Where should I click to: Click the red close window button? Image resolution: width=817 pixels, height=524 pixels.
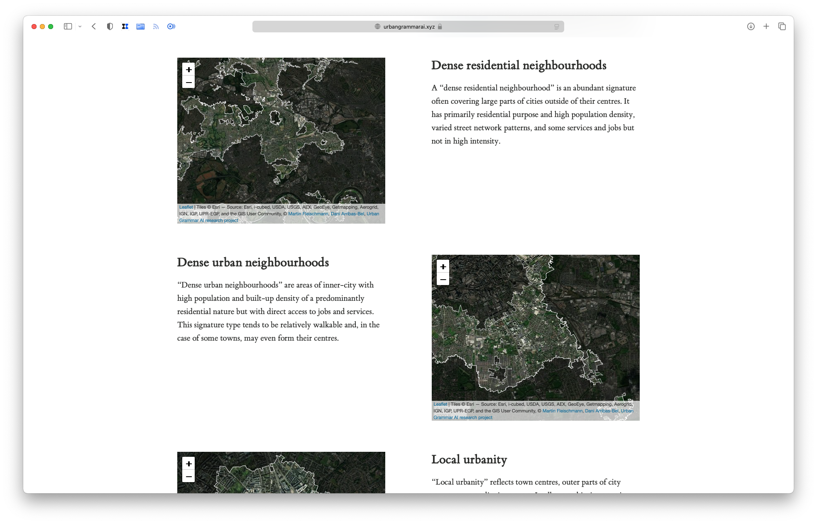(x=34, y=27)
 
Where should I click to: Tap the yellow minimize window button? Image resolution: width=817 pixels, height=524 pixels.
(x=42, y=27)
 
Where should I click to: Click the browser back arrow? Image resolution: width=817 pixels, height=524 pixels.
(x=94, y=27)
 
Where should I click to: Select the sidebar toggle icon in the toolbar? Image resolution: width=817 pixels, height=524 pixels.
(x=68, y=27)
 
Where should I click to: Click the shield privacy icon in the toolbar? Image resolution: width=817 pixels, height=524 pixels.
(x=110, y=27)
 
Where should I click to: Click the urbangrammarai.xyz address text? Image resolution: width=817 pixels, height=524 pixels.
(x=409, y=27)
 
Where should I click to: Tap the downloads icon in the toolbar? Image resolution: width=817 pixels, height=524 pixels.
(x=751, y=27)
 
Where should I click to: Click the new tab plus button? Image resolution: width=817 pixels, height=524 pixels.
(x=766, y=27)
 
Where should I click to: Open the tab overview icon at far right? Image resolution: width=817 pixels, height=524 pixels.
(x=782, y=27)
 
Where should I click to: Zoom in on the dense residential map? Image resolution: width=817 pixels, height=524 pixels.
(x=188, y=69)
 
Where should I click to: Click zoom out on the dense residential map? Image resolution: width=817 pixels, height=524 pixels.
(x=188, y=82)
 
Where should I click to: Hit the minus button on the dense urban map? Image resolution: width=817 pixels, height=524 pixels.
(x=443, y=279)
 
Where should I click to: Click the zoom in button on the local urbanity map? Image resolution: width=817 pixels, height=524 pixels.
(x=188, y=463)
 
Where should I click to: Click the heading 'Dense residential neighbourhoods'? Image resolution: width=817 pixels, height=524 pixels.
(x=519, y=66)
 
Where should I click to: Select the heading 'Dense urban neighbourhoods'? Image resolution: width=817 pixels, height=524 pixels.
(x=253, y=263)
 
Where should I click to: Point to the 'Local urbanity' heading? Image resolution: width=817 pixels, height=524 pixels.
(x=469, y=460)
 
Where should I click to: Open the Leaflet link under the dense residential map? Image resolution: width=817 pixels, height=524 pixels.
(x=186, y=207)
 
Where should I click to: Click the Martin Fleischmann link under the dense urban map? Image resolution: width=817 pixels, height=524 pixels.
(x=563, y=411)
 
